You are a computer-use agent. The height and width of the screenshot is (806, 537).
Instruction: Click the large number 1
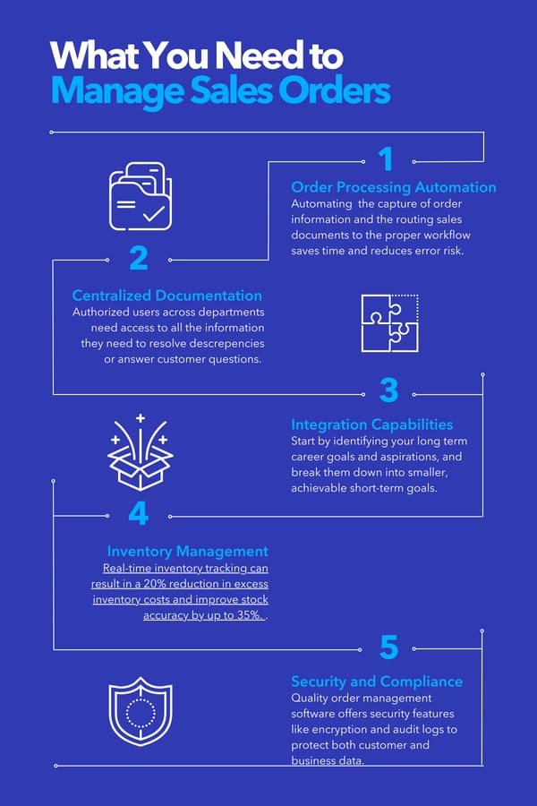pyautogui.click(x=386, y=159)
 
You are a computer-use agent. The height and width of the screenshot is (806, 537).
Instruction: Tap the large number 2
pyautogui.click(x=138, y=258)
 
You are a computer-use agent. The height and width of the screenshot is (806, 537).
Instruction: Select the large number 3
pyautogui.click(x=388, y=390)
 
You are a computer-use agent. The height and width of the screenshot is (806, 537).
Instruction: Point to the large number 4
pyautogui.click(x=138, y=514)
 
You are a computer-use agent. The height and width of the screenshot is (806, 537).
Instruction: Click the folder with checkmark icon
pyautogui.click(x=140, y=196)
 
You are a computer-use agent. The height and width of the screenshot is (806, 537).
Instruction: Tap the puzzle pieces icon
pyautogui.click(x=389, y=322)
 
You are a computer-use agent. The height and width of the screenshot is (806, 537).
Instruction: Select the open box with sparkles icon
pyautogui.click(x=140, y=451)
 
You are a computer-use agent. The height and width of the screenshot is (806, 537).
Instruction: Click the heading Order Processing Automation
pyautogui.click(x=394, y=187)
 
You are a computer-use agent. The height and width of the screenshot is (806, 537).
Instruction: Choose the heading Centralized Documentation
pyautogui.click(x=167, y=296)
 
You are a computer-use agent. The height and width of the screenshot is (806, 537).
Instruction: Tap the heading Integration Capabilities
pyautogui.click(x=372, y=424)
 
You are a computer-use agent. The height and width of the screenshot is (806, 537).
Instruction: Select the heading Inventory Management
pyautogui.click(x=187, y=552)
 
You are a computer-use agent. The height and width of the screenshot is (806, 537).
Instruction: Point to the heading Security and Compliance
pyautogui.click(x=377, y=682)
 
